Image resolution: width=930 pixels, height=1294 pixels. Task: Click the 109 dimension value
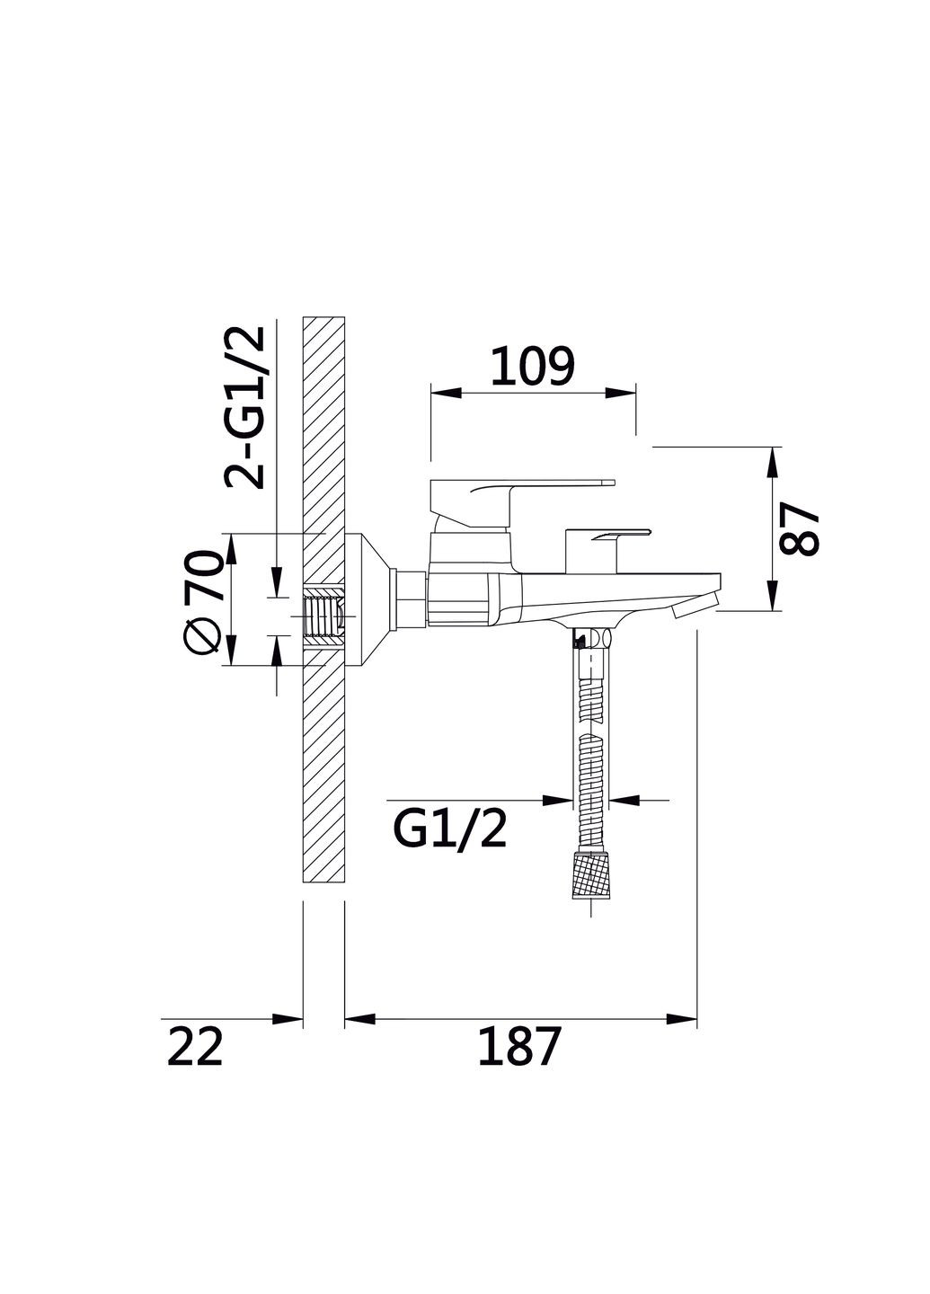pyautogui.click(x=532, y=366)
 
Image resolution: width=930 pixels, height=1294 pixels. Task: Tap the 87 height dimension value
pyautogui.click(x=800, y=528)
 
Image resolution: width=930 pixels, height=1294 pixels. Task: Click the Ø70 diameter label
pyautogui.click(x=203, y=601)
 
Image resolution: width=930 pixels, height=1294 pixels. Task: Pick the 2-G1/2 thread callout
pyautogui.click(x=245, y=408)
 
